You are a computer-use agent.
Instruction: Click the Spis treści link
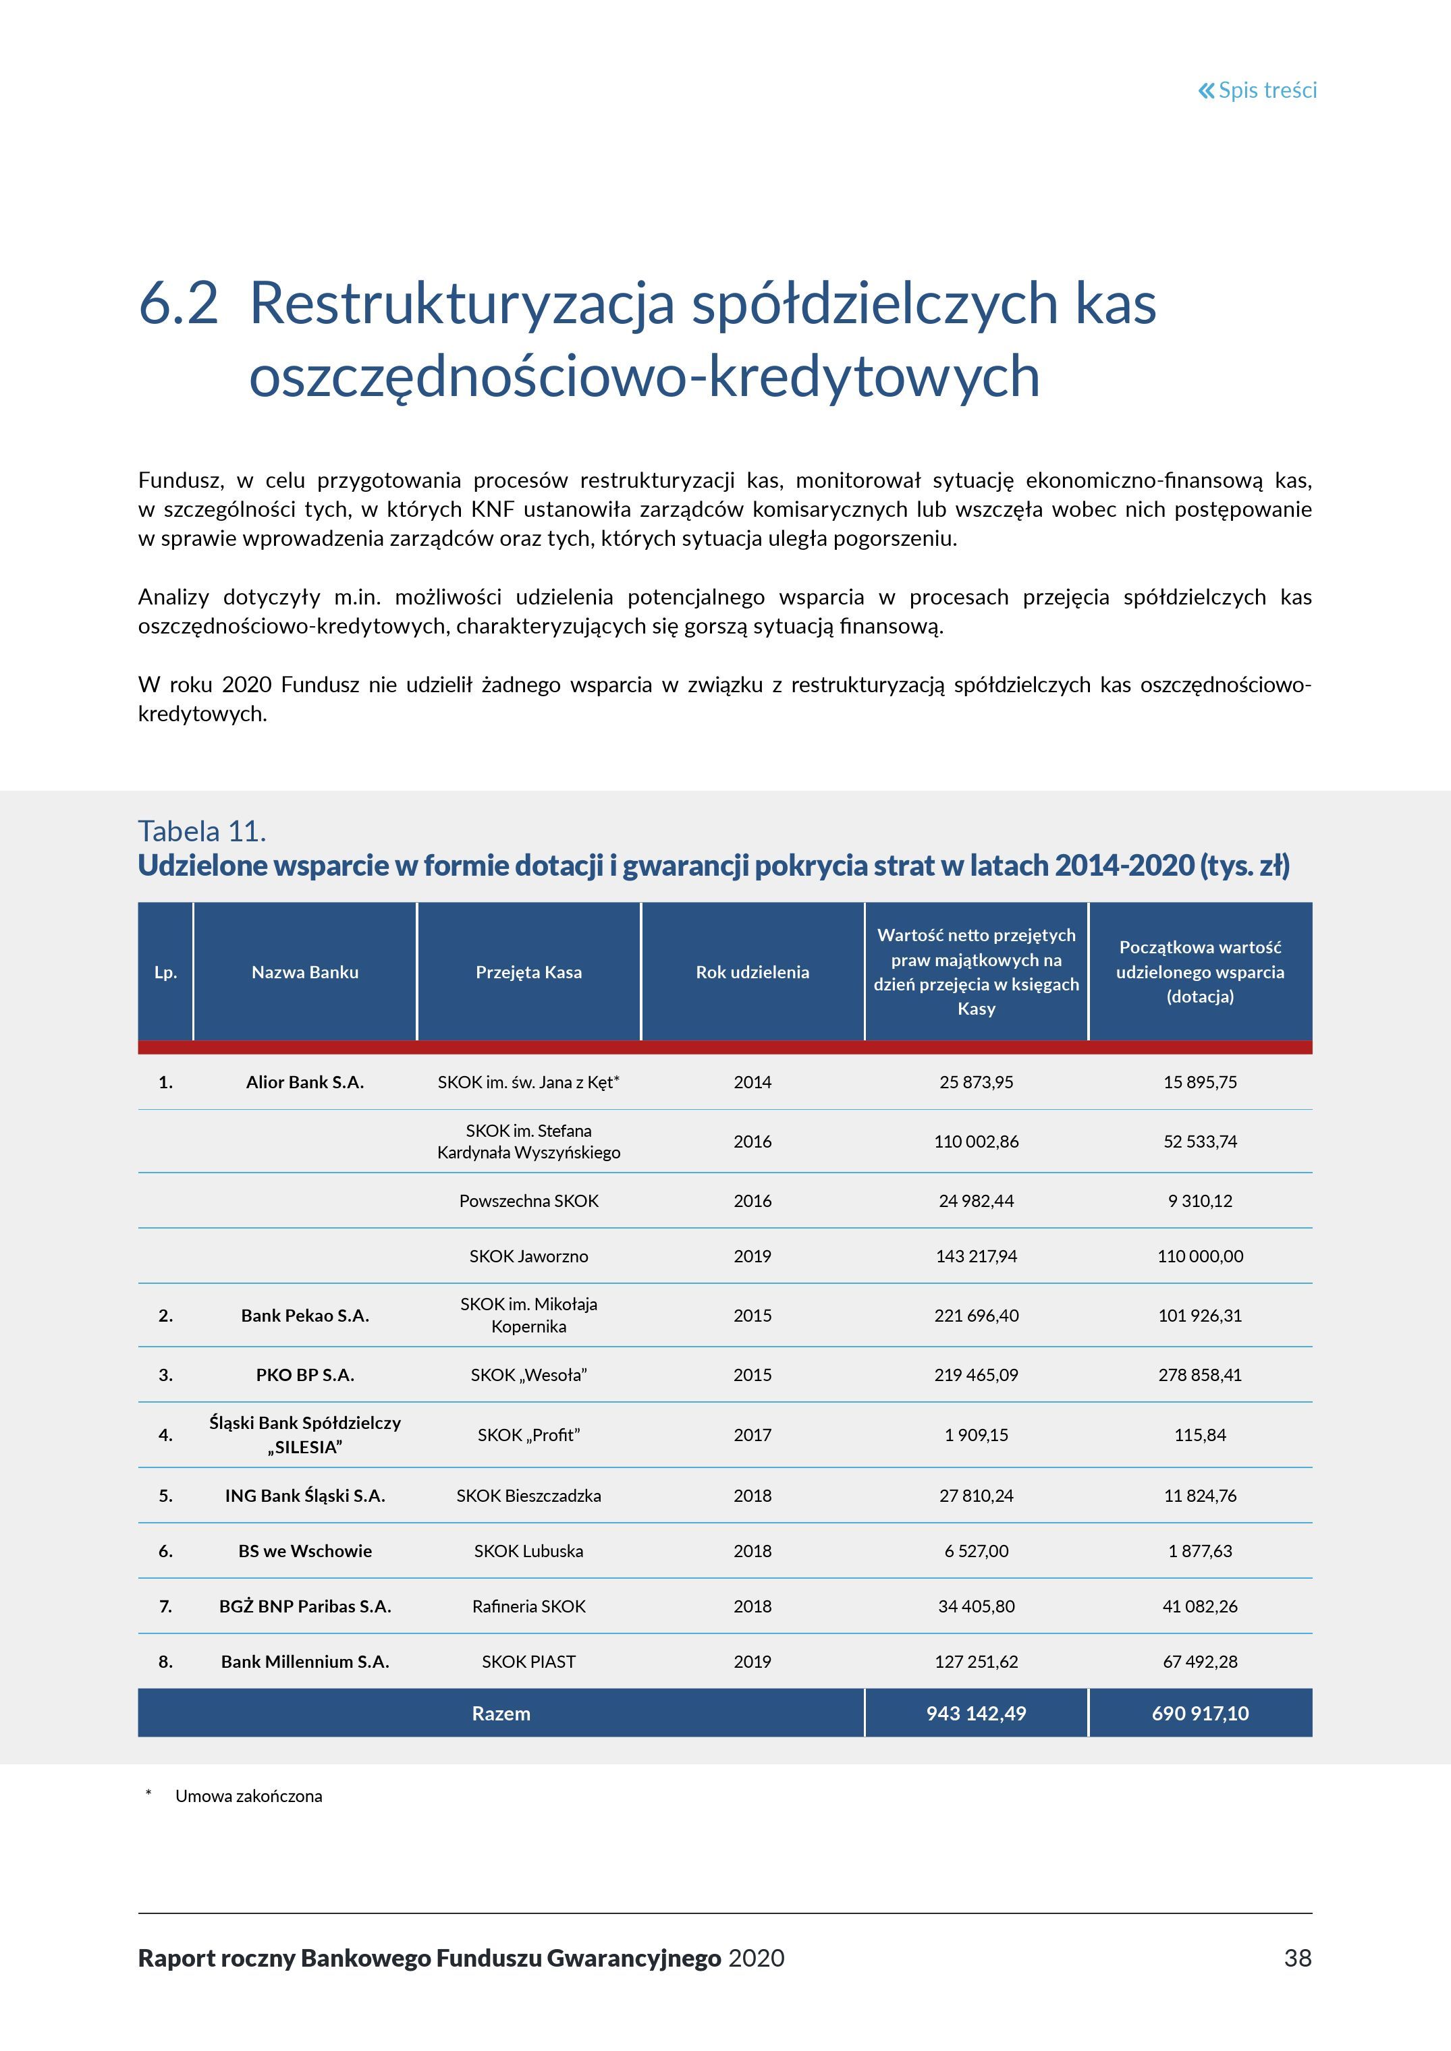pyautogui.click(x=1257, y=90)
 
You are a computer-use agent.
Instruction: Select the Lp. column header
pyautogui.click(x=165, y=972)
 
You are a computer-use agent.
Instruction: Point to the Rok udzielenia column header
pyautogui.click(x=752, y=972)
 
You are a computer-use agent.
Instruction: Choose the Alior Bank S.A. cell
pyautogui.click(x=304, y=1081)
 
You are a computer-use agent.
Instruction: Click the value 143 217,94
pyautogui.click(x=976, y=1256)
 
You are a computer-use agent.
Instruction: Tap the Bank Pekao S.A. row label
pyautogui.click(x=304, y=1315)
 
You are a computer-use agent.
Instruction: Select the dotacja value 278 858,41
pyautogui.click(x=1199, y=1375)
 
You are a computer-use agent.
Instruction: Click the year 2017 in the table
pyautogui.click(x=752, y=1434)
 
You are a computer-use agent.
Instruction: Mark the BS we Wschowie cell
pyautogui.click(x=304, y=1551)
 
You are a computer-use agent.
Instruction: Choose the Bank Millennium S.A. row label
pyautogui.click(x=304, y=1662)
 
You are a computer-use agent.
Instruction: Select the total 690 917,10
pyautogui.click(x=1199, y=1714)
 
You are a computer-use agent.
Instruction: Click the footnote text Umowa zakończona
pyautogui.click(x=248, y=1797)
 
